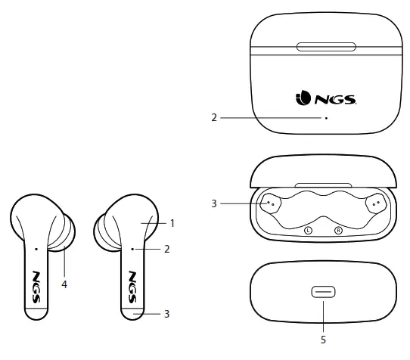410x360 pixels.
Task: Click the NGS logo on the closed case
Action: click(x=323, y=98)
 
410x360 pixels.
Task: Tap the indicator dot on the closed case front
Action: click(x=325, y=117)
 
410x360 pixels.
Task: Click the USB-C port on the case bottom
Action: click(x=323, y=292)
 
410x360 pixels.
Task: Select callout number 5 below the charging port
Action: click(x=323, y=340)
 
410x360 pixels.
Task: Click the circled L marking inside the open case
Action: click(x=308, y=231)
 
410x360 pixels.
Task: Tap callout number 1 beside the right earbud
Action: click(x=172, y=223)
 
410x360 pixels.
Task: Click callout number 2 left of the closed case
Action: click(x=214, y=117)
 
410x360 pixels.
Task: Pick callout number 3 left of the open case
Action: click(x=214, y=203)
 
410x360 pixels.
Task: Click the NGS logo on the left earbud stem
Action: click(x=38, y=282)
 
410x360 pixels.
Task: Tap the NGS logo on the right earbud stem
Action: click(x=132, y=282)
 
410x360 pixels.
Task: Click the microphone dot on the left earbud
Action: click(x=36, y=247)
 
